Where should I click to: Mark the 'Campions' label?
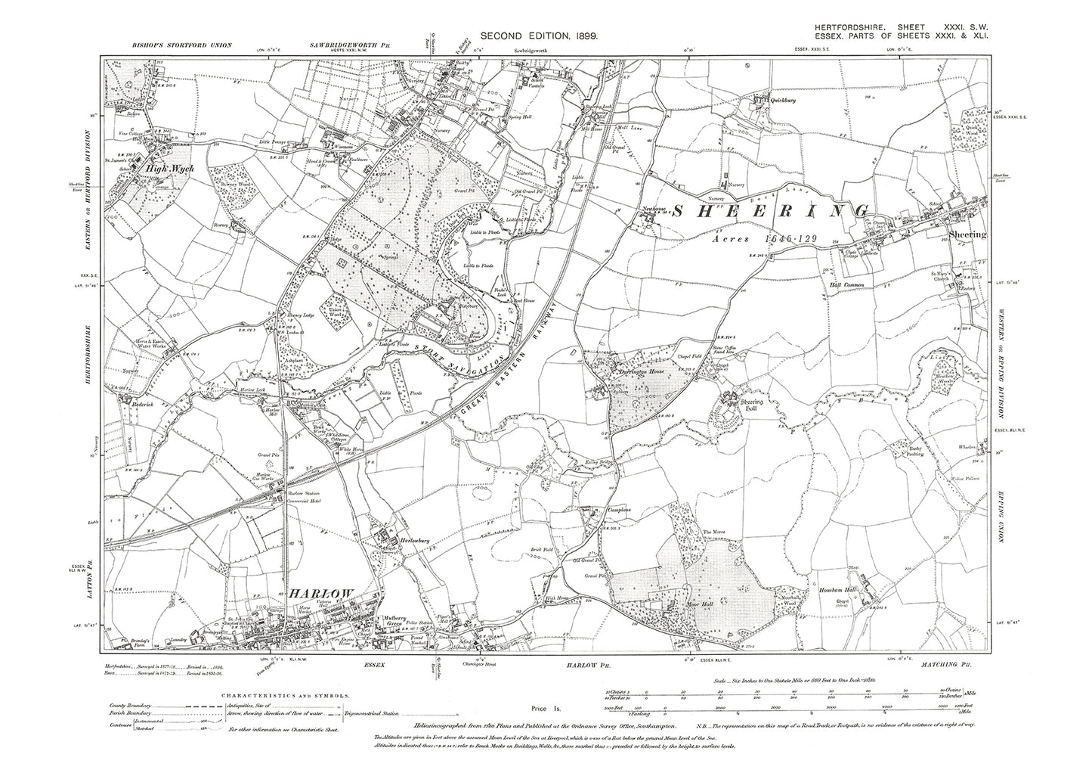click(618, 510)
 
